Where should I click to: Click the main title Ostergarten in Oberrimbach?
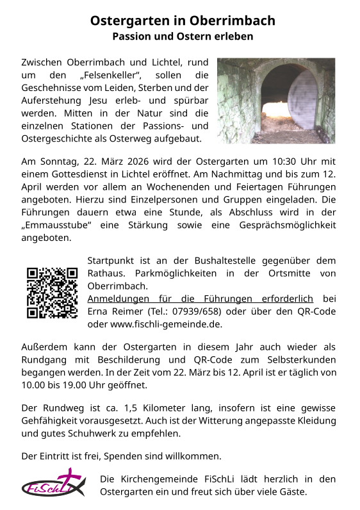[x=183, y=21]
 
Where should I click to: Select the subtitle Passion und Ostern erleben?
[x=183, y=37]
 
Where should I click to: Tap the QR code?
[x=53, y=292]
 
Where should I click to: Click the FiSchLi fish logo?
[x=53, y=485]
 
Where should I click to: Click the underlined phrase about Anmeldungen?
[x=200, y=299]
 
